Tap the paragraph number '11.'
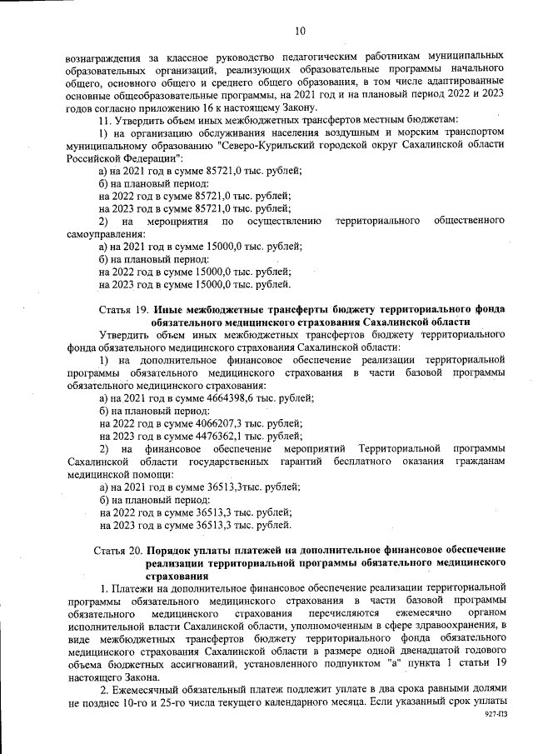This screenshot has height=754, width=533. tap(107, 121)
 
